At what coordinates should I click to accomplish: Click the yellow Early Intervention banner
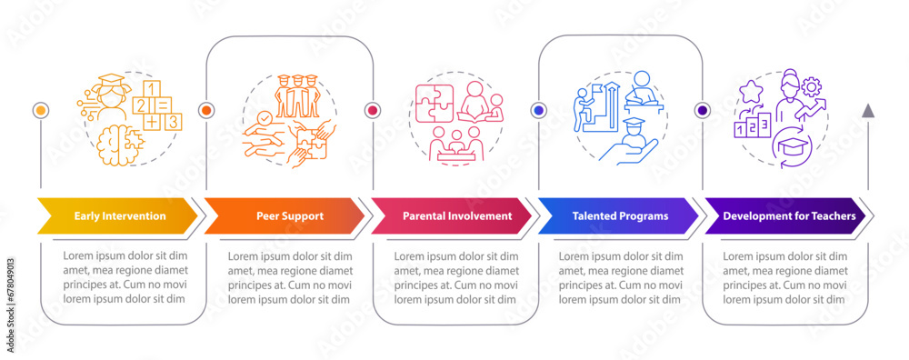118,216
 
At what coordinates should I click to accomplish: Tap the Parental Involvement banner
450,216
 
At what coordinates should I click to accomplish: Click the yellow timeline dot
40,110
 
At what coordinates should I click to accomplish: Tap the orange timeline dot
206,110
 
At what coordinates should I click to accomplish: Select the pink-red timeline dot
372,110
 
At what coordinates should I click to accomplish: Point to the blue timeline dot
538,110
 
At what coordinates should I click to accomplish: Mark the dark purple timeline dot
703,110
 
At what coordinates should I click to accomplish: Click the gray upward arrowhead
868,110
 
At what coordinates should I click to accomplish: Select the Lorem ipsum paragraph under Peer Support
289,277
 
